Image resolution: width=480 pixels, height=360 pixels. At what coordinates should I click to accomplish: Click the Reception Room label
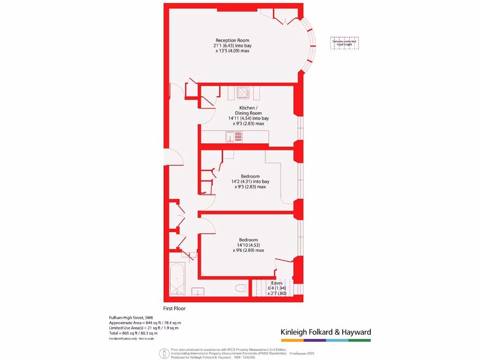click(232, 40)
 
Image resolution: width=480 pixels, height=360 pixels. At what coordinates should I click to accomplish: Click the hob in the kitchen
click(243, 93)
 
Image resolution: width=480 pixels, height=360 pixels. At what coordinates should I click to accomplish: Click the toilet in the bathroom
click(242, 288)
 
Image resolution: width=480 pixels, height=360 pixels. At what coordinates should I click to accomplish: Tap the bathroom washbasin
click(198, 292)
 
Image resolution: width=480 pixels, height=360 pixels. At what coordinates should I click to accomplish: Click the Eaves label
click(277, 283)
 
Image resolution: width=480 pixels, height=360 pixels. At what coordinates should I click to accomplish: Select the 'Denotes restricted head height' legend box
click(345, 43)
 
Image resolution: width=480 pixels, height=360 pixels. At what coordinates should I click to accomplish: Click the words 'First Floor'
click(174, 308)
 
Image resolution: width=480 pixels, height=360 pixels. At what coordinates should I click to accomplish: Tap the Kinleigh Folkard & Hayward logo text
click(326, 332)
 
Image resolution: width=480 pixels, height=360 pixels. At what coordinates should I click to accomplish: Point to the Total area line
click(133, 333)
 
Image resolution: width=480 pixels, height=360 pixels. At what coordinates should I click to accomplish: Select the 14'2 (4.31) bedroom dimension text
click(250, 181)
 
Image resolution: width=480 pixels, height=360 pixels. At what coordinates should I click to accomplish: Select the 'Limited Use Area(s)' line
click(143, 328)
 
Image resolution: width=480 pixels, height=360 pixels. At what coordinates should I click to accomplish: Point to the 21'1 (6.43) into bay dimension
click(232, 45)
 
